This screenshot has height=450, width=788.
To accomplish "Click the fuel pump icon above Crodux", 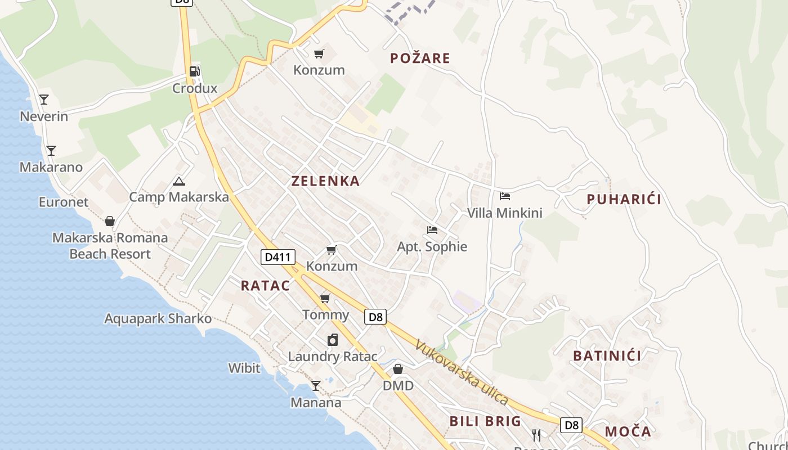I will click(194, 71).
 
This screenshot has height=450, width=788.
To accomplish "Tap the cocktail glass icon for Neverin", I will click(44, 100).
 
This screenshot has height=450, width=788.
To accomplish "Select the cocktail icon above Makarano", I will click(51, 150).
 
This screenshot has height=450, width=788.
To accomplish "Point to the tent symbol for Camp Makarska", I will click(179, 181).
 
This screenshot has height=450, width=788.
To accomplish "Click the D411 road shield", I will click(278, 257).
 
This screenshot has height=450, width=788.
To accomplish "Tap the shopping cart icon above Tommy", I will click(325, 298).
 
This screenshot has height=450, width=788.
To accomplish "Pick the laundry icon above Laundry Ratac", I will click(333, 340).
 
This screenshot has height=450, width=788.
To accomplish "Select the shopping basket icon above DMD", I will click(398, 369).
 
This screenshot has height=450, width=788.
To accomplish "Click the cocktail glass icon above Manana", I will click(316, 386).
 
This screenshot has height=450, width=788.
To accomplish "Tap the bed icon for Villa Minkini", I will click(505, 196).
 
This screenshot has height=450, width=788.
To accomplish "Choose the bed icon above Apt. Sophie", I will click(432, 229).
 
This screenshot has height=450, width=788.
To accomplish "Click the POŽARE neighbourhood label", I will click(420, 58).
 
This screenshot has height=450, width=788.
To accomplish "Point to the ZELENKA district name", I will click(325, 181).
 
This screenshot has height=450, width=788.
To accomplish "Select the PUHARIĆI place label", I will click(624, 199).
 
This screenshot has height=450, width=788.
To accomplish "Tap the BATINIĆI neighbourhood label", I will click(607, 355).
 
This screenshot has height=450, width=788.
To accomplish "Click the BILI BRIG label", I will click(485, 421).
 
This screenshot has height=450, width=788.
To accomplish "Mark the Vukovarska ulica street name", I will click(462, 372).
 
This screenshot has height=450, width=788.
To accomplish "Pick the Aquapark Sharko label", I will click(158, 319).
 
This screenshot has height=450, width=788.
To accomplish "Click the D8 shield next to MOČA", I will click(571, 425).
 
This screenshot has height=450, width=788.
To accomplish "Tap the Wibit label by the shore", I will click(244, 368).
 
